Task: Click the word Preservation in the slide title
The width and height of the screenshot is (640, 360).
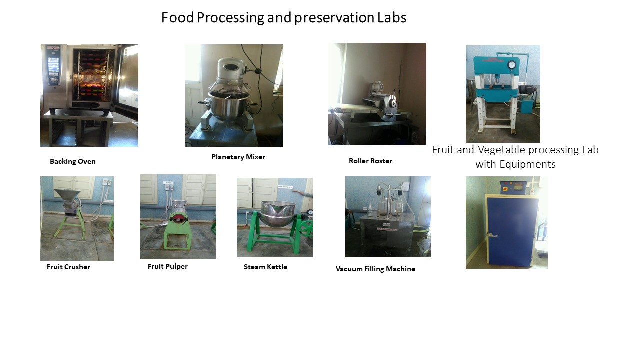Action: [x=334, y=18]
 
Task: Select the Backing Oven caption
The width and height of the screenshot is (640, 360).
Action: [x=73, y=161]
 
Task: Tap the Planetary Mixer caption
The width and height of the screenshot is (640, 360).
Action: [x=238, y=157]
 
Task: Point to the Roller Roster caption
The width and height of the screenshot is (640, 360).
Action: [x=370, y=161]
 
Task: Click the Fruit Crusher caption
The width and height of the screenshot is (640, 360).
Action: [x=68, y=267]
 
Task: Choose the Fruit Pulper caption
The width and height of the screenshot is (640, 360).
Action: [x=167, y=266]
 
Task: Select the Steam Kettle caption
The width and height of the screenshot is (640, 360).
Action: [x=265, y=267]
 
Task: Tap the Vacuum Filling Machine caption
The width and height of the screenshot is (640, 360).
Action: [x=375, y=269]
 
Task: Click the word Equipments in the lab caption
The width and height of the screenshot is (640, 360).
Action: [x=527, y=165]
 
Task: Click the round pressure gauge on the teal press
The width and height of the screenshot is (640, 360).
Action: [x=511, y=65]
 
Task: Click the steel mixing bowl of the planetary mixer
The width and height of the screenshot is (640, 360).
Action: [x=229, y=104]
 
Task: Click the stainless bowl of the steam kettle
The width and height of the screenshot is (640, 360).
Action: [x=278, y=213]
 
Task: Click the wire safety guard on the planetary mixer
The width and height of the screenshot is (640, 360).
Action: [x=229, y=86]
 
